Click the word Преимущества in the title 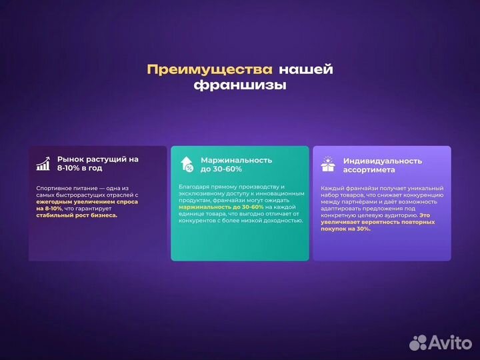pyautogui.click(x=209, y=69)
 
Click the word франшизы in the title pyautogui.click(x=239, y=85)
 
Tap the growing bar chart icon pyautogui.click(x=44, y=164)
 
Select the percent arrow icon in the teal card pyautogui.click(x=187, y=164)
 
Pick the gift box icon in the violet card pyautogui.click(x=327, y=164)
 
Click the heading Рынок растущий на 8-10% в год pyautogui.click(x=97, y=164)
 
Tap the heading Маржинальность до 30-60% pyautogui.click(x=236, y=164)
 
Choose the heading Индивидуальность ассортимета pyautogui.click(x=383, y=165)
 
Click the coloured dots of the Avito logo pyautogui.click(x=418, y=342)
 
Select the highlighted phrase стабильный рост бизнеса pyautogui.click(x=77, y=215)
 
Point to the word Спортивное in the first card pyautogui.click(x=52, y=189)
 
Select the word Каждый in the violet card pyautogui.click(x=332, y=189)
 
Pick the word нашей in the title pyautogui.click(x=305, y=69)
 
